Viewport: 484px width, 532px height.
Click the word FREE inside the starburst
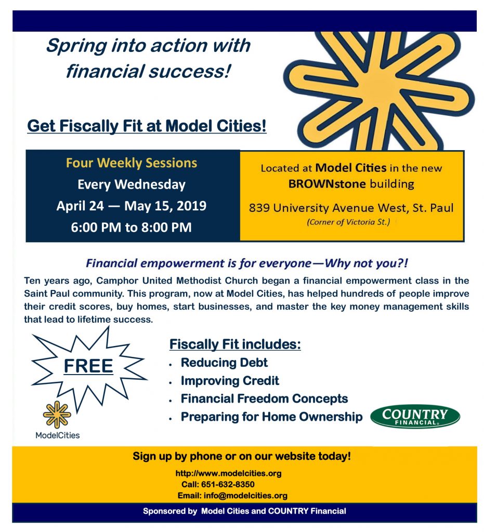point(88,366)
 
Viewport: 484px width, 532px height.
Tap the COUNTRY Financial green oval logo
point(415,416)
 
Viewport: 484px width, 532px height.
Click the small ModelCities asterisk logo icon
point(57,415)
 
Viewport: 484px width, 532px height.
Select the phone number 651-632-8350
point(228,484)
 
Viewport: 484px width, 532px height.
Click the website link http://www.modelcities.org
point(228,473)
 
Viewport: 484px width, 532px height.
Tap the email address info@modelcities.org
point(245,495)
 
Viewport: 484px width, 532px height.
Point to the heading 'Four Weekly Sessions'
point(132,163)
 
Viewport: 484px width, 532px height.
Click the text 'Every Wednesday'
point(132,184)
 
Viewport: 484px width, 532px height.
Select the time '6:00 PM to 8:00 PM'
point(132,227)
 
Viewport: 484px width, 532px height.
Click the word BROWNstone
point(327,184)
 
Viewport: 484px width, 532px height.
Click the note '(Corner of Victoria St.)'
point(348,222)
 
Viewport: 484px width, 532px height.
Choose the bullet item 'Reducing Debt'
point(224,362)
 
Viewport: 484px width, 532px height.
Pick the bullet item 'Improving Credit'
point(230,381)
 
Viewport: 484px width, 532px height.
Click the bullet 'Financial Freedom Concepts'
point(265,398)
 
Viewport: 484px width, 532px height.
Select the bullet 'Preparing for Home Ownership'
point(271,417)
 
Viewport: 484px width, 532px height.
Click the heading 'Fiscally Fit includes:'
point(235,344)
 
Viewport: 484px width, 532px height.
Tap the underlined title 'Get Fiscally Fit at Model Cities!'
point(147,126)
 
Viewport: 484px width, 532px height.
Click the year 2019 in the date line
point(191,206)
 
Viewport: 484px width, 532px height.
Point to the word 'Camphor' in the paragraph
point(117,281)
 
